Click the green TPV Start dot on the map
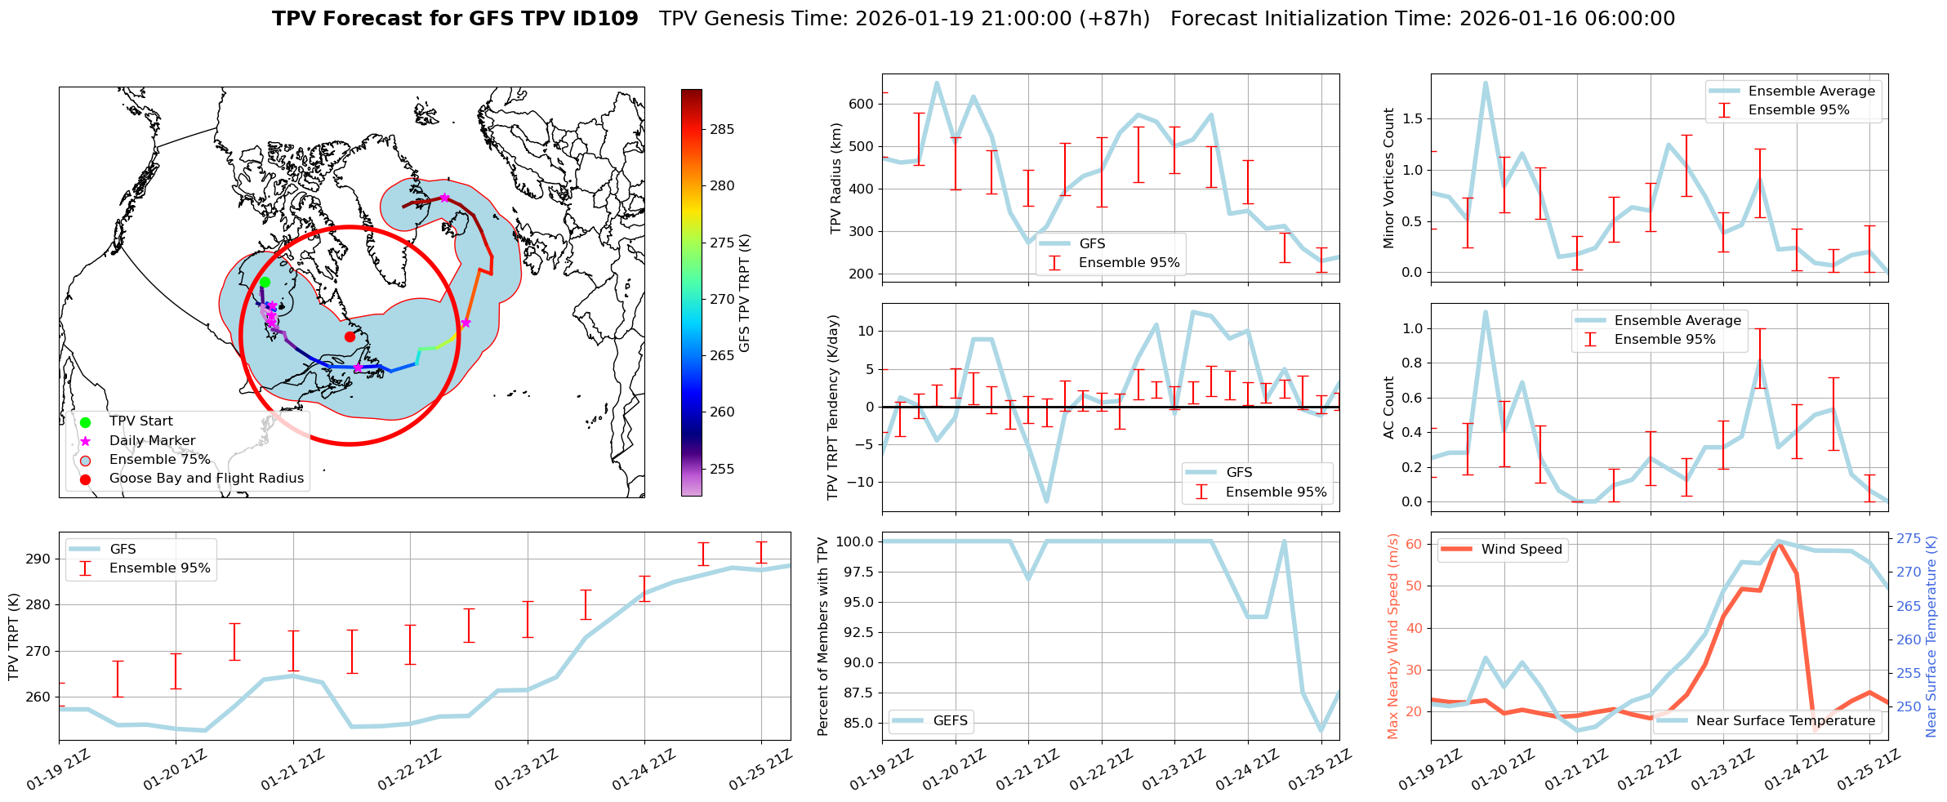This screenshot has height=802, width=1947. (x=265, y=282)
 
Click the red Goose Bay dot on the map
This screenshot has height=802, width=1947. (x=350, y=336)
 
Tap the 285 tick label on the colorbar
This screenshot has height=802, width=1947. (x=721, y=129)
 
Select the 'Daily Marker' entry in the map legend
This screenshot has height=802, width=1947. (x=152, y=440)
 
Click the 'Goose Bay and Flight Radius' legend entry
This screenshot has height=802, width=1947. (x=206, y=479)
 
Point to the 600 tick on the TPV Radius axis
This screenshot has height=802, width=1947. (x=861, y=104)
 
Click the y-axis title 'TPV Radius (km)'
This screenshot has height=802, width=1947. (x=835, y=178)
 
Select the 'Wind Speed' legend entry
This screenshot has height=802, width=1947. (x=1521, y=550)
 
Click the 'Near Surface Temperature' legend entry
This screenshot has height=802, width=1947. (x=1785, y=720)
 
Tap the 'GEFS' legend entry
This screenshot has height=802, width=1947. (x=950, y=720)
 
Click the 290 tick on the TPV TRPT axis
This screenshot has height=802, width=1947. (x=38, y=559)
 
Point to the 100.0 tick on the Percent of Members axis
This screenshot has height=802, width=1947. (x=854, y=541)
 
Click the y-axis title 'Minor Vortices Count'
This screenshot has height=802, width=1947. (x=1389, y=178)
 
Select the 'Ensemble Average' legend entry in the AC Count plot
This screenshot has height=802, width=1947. (x=1677, y=320)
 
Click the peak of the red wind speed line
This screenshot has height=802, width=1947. (x=1779, y=543)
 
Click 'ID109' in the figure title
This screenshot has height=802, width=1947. (x=608, y=19)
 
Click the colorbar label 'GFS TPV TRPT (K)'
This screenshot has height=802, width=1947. (x=745, y=292)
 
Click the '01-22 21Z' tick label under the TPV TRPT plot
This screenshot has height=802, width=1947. (x=408, y=771)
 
